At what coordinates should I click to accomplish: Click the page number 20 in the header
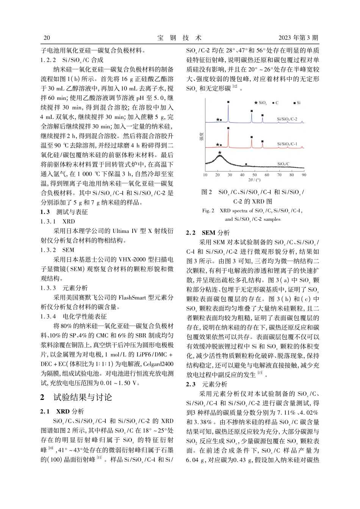coord(47,37)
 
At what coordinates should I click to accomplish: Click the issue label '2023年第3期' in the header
coord(298,37)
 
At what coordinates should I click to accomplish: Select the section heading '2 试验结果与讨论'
coord(76,397)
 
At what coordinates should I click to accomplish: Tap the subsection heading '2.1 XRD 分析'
coord(62,411)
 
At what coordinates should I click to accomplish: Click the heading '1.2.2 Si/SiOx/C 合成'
coord(72,59)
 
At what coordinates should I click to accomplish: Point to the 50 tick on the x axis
coord(255,175)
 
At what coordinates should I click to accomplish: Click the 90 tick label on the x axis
coord(304,175)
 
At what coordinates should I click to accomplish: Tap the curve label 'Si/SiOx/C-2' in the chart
coord(287,119)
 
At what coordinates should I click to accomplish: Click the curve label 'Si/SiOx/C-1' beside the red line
coord(287,144)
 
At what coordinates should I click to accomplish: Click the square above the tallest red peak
coord(228,128)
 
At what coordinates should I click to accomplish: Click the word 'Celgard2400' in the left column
coord(158,364)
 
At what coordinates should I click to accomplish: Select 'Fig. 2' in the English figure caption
coord(208,211)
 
